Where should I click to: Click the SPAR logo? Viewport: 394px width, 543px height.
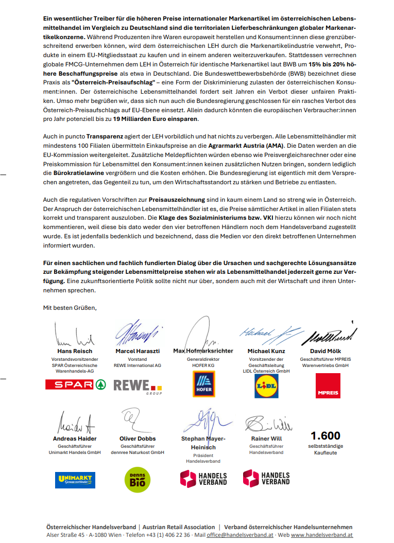pos(75,384)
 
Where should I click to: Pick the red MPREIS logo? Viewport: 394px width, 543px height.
pos(328,386)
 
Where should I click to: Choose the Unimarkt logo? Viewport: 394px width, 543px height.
pos(75,480)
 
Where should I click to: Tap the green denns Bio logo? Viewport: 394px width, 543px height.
pos(138,479)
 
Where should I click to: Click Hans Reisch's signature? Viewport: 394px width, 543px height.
pos(75,335)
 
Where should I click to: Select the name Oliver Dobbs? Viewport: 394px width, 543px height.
pos(138,439)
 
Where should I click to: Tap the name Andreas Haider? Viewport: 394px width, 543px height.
pos(75,439)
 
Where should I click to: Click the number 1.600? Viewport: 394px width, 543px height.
pos(326,436)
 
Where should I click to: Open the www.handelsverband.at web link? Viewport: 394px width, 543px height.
pos(321,535)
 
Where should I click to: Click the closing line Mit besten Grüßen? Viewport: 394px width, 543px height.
pos(70,308)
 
